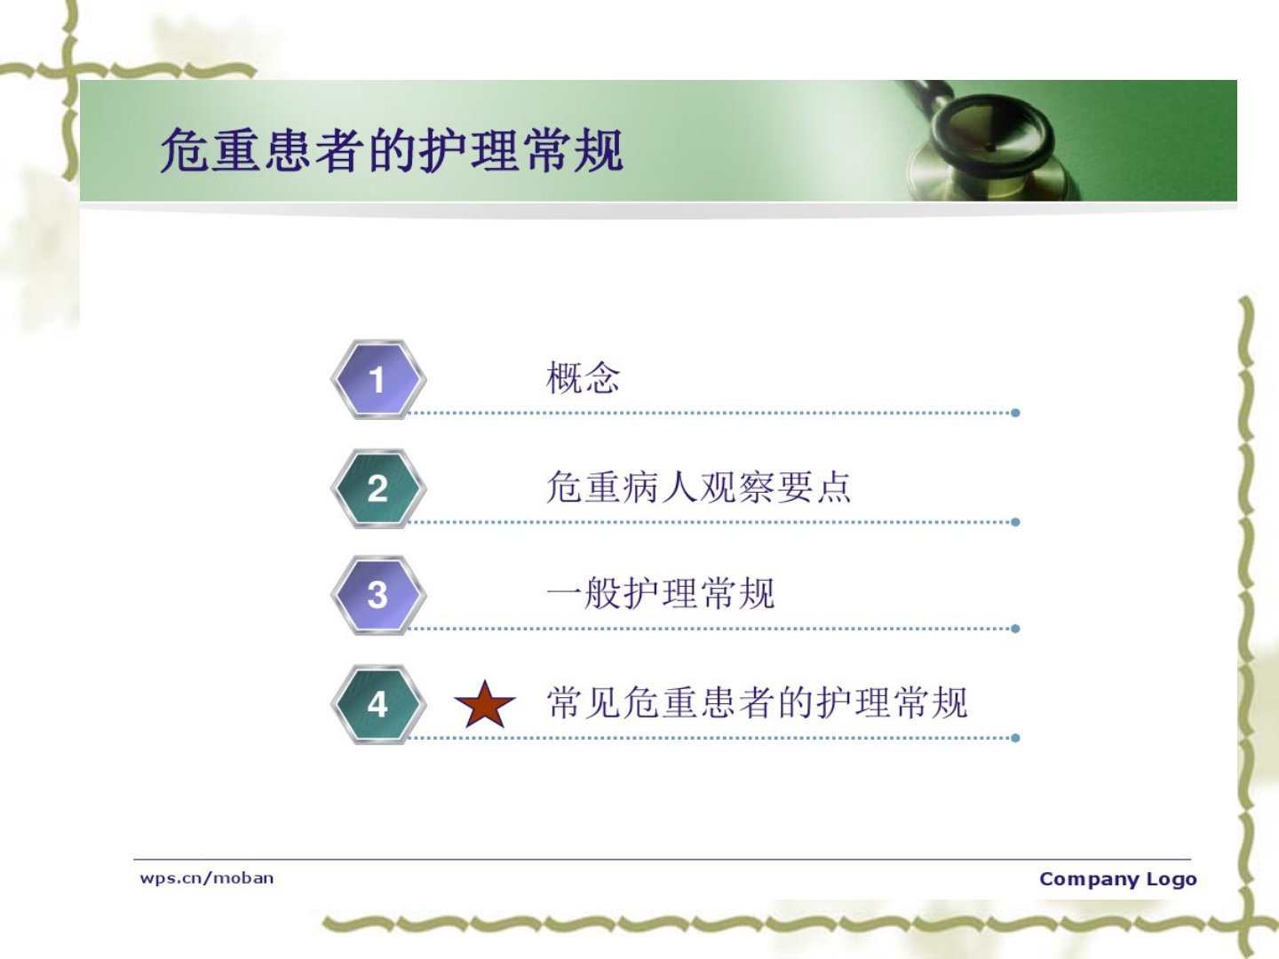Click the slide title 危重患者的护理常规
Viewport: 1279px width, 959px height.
tap(393, 151)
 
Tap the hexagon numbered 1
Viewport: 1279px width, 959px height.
tap(378, 380)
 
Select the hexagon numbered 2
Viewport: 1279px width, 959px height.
tap(378, 488)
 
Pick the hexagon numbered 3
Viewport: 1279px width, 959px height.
tap(378, 595)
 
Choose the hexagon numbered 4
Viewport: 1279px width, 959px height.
tap(378, 704)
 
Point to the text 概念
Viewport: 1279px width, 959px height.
tap(583, 377)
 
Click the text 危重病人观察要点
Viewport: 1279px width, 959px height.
tap(698, 487)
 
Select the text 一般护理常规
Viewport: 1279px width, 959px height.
tap(660, 593)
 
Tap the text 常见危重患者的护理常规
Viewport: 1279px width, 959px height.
tap(757, 702)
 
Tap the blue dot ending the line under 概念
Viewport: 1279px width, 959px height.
tap(1015, 413)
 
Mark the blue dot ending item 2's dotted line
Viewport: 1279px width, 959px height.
tap(1015, 522)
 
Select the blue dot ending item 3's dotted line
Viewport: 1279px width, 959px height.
tap(1015, 629)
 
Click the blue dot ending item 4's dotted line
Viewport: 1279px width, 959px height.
tap(1015, 738)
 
